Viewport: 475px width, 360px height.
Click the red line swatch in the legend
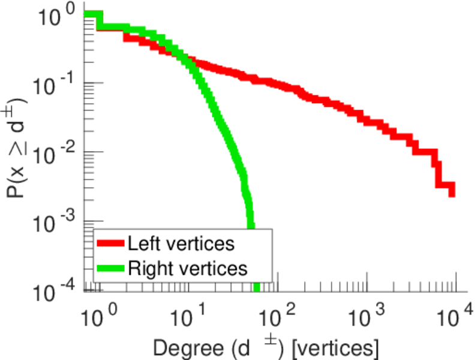pos(110,244)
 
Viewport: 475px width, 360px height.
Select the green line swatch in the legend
pos(110,268)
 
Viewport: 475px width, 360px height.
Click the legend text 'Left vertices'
pos(180,244)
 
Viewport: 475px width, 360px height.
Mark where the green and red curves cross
pos(186,59)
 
